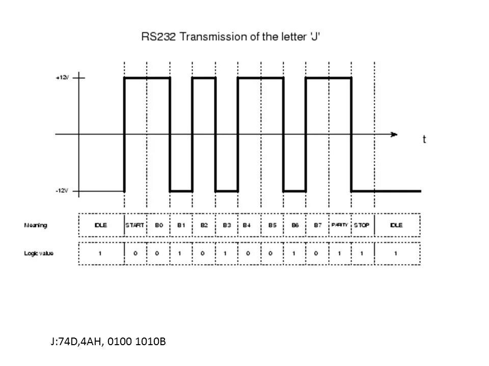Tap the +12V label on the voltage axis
tap(62, 78)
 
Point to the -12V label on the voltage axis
tap(62, 191)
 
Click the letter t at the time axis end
tap(424, 140)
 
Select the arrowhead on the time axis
tap(394, 134)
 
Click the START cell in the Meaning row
tap(135, 225)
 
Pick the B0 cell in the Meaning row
tap(158, 225)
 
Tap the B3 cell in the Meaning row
tap(226, 225)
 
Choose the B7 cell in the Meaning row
tap(317, 225)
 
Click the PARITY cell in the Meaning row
tap(339, 225)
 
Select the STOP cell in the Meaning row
tap(362, 225)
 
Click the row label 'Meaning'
tap(36, 225)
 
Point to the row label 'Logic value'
tap(39, 253)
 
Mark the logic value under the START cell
tap(135, 253)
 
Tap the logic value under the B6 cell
tap(294, 253)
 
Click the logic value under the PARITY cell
tap(339, 253)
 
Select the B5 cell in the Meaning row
tap(272, 225)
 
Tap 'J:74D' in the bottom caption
tap(64, 342)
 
